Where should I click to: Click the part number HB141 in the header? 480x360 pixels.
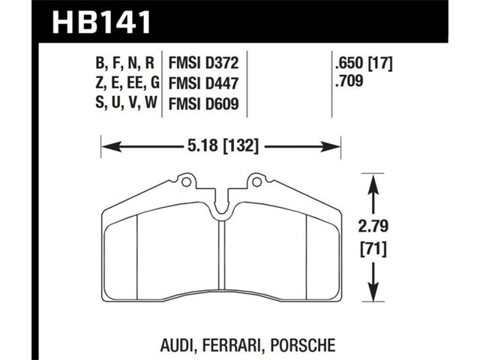(102, 22)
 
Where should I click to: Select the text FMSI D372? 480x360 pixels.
(203, 64)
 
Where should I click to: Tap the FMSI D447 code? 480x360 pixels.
(203, 83)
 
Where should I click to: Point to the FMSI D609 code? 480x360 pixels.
(203, 103)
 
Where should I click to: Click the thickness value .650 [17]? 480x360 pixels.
(364, 63)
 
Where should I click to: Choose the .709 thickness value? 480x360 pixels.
(349, 81)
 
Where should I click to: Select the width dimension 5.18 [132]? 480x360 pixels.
(223, 145)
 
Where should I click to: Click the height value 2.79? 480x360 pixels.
(373, 226)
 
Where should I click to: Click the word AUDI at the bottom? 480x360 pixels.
(178, 344)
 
